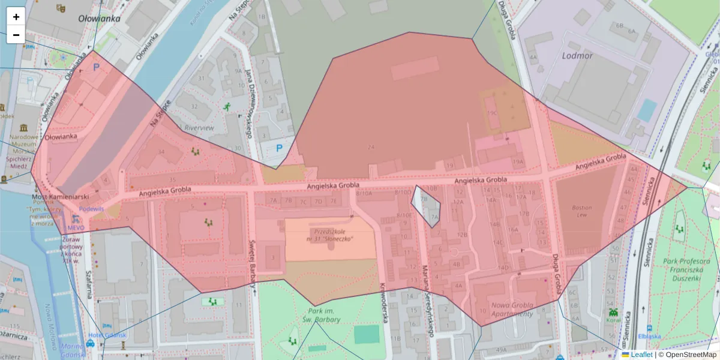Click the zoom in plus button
(16, 17)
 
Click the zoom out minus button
(16, 35)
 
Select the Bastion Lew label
(582, 212)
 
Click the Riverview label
(199, 128)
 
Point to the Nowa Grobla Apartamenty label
(512, 310)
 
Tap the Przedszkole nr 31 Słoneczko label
(331, 235)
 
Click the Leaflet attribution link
(641, 355)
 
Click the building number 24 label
(371, 147)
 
